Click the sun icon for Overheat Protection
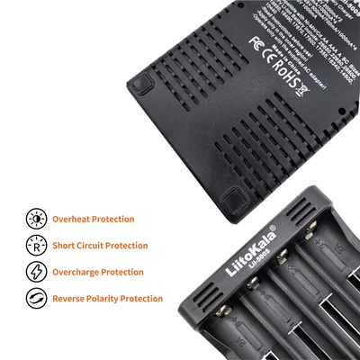37,219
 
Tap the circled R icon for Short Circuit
37,245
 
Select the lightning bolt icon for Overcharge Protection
37,272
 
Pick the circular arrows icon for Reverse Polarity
37,298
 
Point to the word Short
65,245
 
